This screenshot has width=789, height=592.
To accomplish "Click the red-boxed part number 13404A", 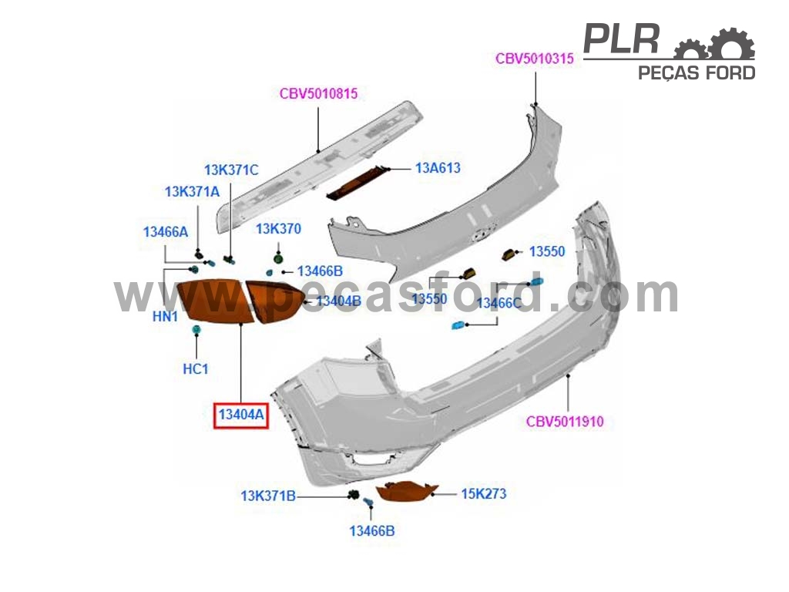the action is click(241, 415).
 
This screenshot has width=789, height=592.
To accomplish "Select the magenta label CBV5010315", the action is click(535, 59).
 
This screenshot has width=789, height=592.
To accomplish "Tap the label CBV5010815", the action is click(318, 93).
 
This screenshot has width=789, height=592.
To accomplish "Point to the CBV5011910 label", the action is click(565, 422).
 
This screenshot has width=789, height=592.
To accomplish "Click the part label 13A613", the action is click(438, 168).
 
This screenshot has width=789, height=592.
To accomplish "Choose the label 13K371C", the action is click(231, 170).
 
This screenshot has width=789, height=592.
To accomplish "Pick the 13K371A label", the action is click(192, 192).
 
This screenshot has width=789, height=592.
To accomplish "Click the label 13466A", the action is click(166, 232).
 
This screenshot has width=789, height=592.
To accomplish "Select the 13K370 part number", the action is click(278, 229).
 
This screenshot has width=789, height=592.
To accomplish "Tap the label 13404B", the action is click(339, 301).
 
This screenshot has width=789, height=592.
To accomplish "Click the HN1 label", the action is click(165, 317).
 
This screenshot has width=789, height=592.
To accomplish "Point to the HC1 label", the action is click(195, 369).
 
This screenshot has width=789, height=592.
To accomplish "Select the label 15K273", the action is click(484, 494).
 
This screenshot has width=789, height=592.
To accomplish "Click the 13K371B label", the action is click(268, 496).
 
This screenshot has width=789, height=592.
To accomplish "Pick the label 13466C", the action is click(499, 303).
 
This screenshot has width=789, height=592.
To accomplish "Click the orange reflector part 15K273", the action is click(407, 491).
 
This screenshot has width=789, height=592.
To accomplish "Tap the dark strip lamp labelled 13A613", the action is click(358, 182).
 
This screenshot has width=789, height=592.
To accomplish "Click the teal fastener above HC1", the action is click(196, 330).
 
